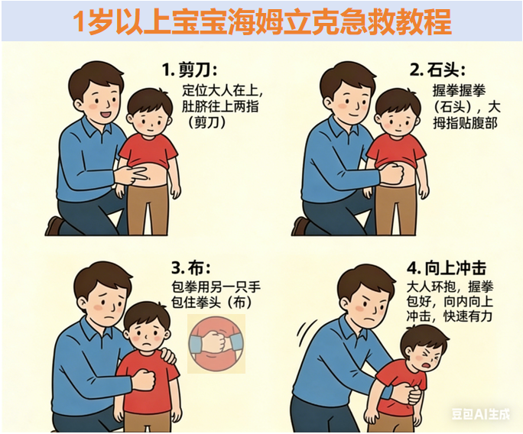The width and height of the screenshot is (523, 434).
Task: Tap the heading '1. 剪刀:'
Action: [190, 70]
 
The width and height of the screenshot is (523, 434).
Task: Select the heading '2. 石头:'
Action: [437, 70]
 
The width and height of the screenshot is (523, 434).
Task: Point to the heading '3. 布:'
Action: [191, 267]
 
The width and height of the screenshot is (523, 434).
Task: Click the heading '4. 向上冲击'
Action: [447, 267]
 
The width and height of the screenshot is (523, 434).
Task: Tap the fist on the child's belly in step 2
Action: [393, 173]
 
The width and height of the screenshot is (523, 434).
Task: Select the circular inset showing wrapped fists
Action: [216, 344]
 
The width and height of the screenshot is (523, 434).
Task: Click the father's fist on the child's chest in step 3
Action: [144, 379]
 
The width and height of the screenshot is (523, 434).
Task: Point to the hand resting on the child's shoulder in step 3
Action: [166, 355]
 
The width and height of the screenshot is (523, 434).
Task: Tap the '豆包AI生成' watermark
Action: [481, 414]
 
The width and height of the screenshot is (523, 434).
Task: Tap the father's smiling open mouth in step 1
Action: [106, 115]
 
